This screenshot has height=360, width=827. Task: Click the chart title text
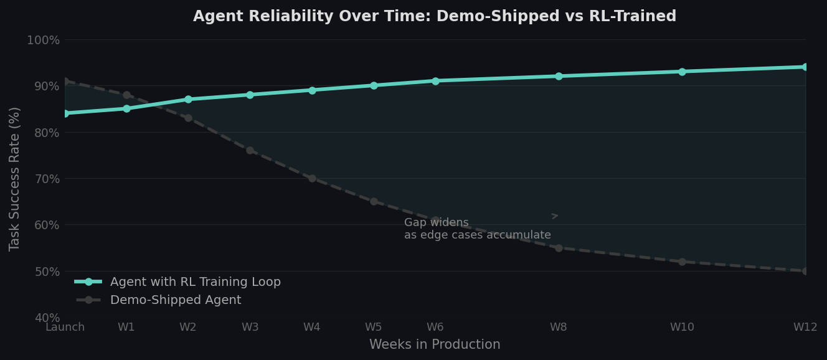434,17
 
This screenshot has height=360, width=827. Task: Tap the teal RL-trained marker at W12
805,67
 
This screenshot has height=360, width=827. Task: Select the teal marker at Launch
65,113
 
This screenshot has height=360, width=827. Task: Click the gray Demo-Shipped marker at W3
250,150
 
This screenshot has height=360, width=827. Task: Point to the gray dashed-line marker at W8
559,248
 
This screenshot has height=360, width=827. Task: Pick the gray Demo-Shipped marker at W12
805,271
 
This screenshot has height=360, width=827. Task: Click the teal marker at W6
435,81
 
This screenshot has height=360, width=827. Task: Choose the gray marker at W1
126,95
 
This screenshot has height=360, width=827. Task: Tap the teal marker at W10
682,72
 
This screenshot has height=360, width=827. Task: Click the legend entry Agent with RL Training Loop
195,282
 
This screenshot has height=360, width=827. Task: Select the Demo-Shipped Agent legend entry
175,300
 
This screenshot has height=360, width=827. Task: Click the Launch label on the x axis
65,328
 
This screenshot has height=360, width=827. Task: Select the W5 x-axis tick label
373,328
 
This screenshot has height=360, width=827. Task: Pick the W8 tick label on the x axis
559,328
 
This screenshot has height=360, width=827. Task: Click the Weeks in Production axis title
435,345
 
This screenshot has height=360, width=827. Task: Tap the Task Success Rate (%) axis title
15,179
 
